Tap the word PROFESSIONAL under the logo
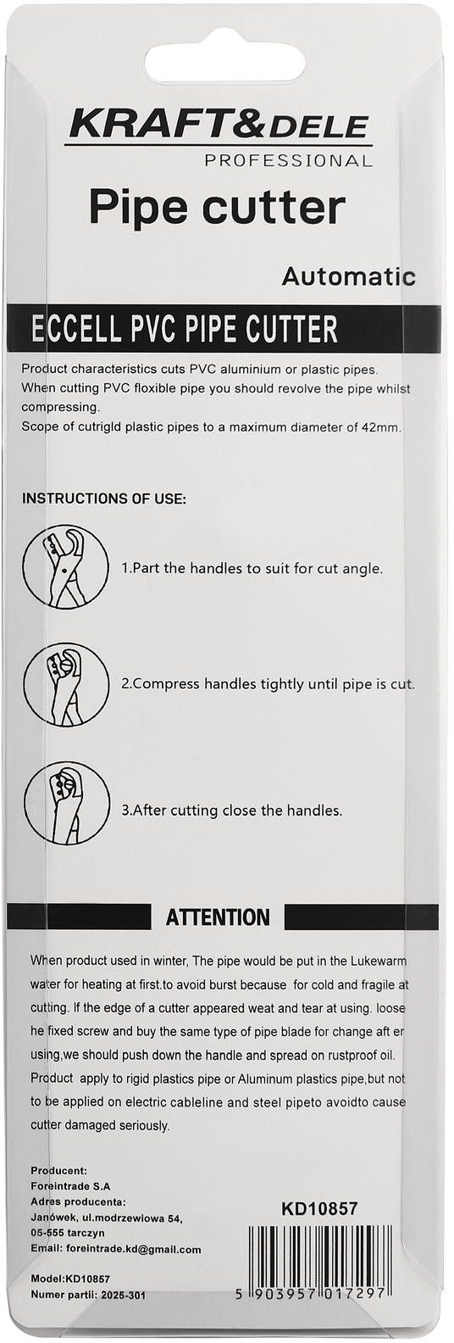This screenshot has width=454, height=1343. [288, 160]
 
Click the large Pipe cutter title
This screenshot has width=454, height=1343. [217, 208]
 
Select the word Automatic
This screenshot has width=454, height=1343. [349, 276]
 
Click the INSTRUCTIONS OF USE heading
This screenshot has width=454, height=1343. [103, 499]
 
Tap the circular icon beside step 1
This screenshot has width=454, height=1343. [66, 566]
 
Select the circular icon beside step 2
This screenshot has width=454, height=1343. [67, 683]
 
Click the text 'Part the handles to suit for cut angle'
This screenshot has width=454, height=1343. [257, 568]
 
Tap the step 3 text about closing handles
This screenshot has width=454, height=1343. [232, 811]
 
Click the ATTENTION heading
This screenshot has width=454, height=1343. [218, 917]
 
